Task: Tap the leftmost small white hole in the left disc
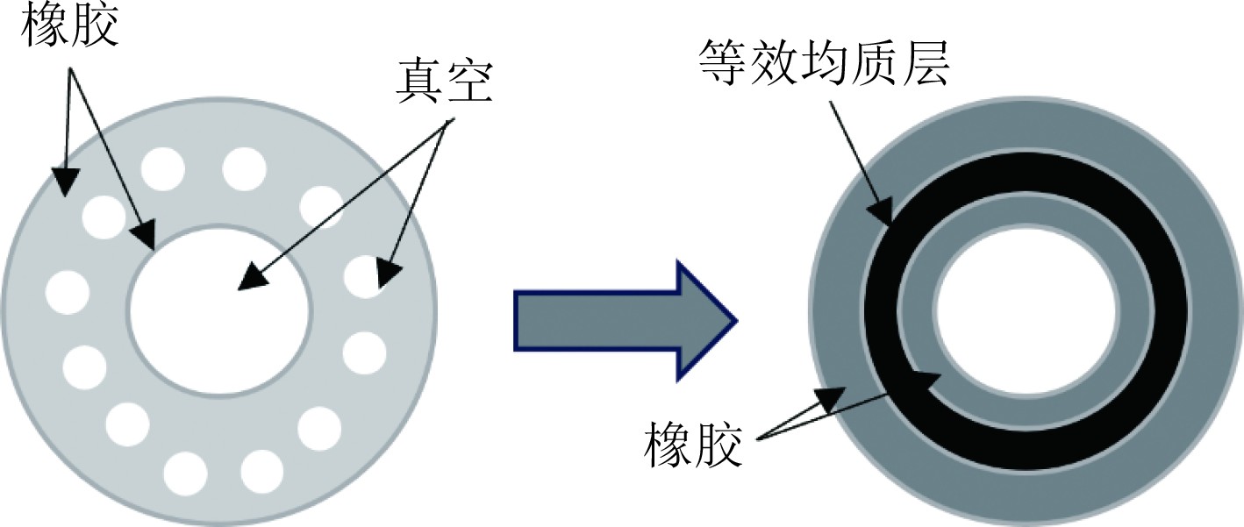[68, 292]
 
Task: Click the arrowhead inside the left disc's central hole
[252, 276]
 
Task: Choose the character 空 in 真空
[470, 86]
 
